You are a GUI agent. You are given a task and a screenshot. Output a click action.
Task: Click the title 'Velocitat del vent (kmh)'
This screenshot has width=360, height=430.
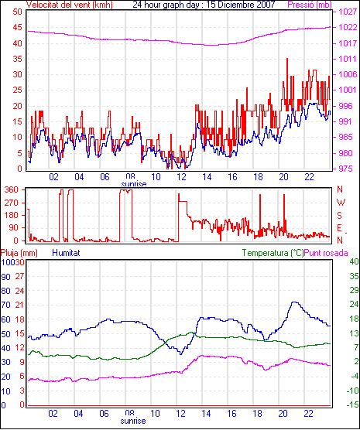70,5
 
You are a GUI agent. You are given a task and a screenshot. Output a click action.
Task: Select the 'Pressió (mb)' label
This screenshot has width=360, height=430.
310,5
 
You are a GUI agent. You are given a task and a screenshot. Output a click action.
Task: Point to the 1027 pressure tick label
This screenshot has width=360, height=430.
348,12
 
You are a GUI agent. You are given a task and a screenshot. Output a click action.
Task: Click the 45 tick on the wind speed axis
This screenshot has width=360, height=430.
17,27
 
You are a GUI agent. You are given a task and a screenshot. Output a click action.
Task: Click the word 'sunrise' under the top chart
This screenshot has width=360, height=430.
134,184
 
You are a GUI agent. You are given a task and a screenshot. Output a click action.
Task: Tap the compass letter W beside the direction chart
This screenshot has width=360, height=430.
341,203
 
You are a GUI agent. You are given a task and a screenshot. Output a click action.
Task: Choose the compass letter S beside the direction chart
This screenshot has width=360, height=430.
340,216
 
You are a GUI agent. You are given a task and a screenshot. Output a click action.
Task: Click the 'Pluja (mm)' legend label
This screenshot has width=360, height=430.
19,253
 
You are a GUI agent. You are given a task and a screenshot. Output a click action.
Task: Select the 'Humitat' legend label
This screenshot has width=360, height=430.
66,253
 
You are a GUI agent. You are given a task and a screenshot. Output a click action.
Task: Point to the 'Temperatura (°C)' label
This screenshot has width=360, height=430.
273,253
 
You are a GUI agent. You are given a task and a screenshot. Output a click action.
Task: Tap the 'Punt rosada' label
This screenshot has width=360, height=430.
326,253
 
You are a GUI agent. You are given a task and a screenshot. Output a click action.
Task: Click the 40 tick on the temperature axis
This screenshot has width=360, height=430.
354,261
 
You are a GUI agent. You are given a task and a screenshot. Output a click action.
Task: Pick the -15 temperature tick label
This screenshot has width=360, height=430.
352,404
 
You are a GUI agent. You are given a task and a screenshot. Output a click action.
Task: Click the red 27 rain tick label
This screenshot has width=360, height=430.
20,276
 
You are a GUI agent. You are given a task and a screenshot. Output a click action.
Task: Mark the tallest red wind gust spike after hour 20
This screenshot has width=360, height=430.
287,59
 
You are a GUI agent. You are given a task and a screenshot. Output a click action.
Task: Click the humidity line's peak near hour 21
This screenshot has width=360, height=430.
294,302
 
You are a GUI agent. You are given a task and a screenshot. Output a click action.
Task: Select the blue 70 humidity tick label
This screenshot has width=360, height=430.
5,305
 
